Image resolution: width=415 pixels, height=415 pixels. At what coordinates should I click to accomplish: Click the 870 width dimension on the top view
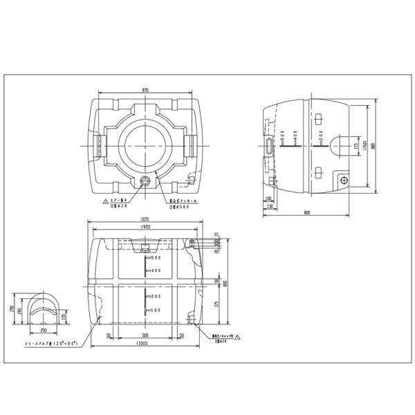pyautogui.click(x=145, y=91)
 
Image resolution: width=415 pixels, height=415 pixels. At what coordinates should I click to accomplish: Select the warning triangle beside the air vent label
pyautogui.click(x=105, y=201)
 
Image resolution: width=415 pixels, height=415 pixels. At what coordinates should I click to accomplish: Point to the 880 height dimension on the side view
pyautogui.click(x=373, y=147)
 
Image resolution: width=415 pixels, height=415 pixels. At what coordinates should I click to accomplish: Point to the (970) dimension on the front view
pyautogui.click(x=145, y=228)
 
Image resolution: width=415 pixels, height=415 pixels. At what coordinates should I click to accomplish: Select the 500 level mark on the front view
pyautogui.click(x=155, y=258)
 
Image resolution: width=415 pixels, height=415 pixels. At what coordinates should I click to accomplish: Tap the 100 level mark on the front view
pyautogui.click(x=155, y=311)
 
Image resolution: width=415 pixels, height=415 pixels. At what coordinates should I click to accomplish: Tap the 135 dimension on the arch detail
pyautogui.click(x=64, y=317)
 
